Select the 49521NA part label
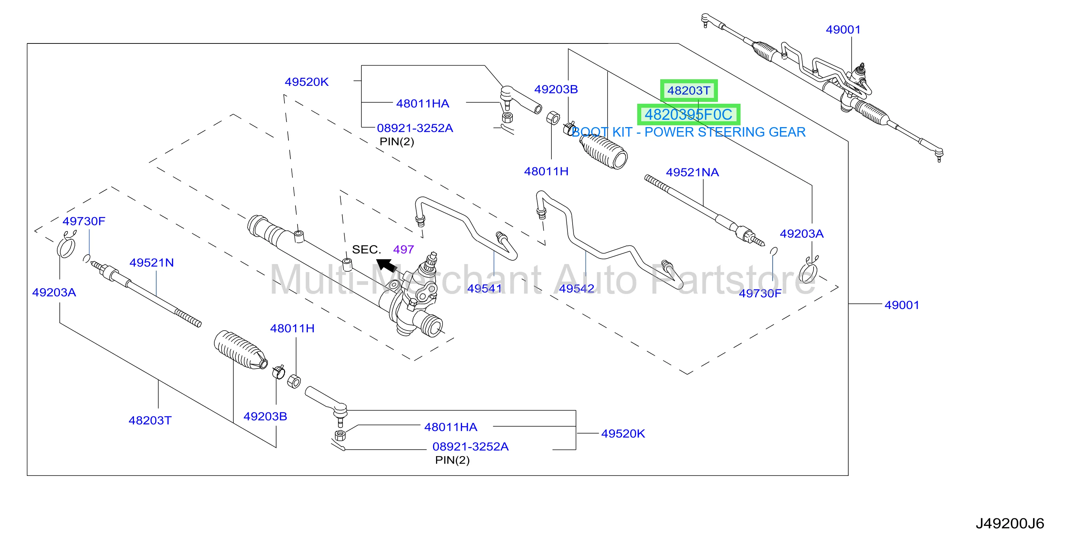tap(692, 172)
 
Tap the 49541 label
tap(485, 289)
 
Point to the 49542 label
tap(576, 289)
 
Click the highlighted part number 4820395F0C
tap(688, 115)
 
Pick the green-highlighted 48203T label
tap(689, 90)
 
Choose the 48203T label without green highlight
tap(150, 420)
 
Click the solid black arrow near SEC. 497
tap(386, 265)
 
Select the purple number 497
tap(404, 250)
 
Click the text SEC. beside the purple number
tap(366, 250)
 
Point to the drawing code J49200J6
tap(1010, 523)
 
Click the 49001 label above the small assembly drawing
tap(843, 30)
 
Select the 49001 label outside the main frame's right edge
tap(902, 305)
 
